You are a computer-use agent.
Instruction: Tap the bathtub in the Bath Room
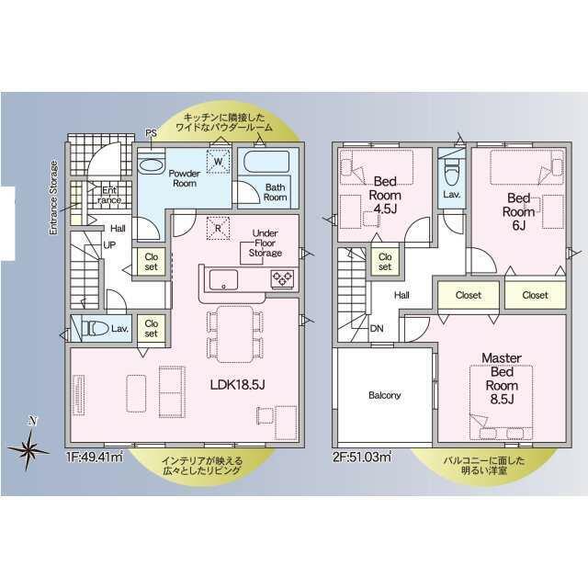[x=266, y=162]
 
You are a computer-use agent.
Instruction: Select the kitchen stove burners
[x=282, y=279]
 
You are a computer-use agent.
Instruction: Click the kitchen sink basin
[x=223, y=279]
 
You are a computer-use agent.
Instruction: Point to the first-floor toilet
[x=96, y=329]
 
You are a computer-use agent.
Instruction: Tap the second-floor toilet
[x=451, y=171]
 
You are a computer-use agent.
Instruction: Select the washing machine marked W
[x=219, y=162]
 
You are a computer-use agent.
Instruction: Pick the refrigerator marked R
[x=218, y=228]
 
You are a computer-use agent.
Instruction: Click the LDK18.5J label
[x=238, y=384]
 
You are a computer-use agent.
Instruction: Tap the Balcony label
[x=384, y=395]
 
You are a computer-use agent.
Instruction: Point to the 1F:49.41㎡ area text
[x=95, y=458]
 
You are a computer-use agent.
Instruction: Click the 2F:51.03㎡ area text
[x=361, y=458]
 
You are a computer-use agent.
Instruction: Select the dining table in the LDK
[x=235, y=334]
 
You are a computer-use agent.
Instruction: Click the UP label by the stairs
[x=109, y=245]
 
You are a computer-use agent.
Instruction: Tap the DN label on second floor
[x=377, y=329]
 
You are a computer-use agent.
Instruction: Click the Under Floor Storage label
[x=266, y=243]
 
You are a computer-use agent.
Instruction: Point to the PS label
[x=151, y=133]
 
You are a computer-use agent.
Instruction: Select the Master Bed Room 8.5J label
[x=502, y=379]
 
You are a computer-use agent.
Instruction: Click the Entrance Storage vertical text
[x=54, y=198]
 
